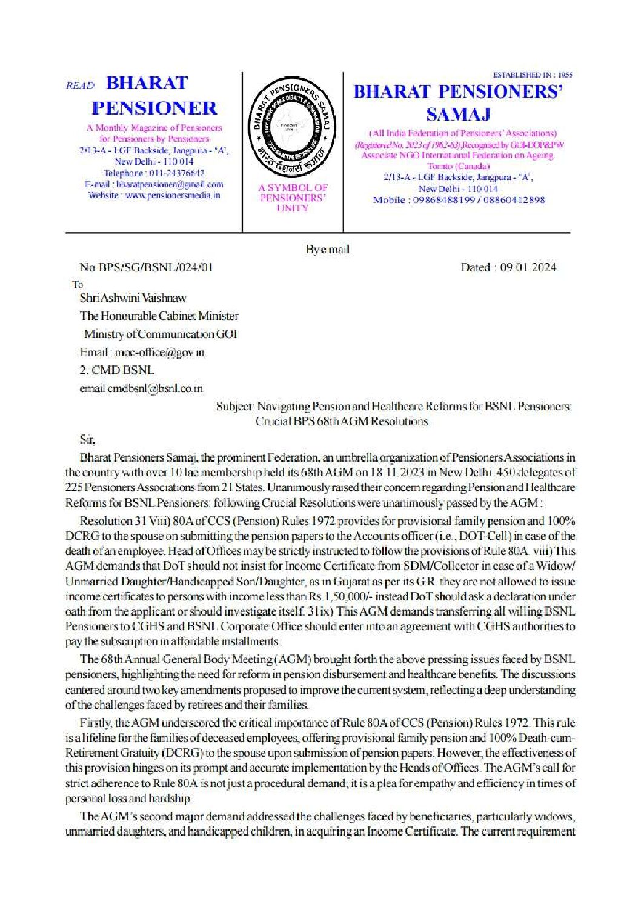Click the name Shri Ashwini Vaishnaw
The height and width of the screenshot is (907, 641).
133,298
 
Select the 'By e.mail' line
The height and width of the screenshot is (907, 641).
327,249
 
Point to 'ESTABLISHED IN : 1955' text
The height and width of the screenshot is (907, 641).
533,75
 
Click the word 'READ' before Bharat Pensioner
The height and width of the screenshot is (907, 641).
80,86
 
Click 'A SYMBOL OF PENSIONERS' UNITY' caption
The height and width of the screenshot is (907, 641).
293,198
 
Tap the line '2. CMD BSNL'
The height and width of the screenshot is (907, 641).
117,370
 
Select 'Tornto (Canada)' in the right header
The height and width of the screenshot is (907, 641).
459,166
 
